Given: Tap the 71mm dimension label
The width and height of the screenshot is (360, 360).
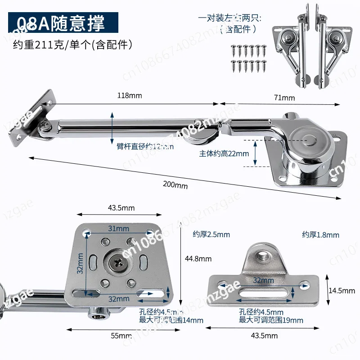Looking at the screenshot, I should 284,98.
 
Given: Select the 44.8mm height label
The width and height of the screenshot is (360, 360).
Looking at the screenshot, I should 198,259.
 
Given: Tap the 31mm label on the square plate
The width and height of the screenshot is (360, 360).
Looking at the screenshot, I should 118,229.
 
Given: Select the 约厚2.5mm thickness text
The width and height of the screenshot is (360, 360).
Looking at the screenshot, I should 211,234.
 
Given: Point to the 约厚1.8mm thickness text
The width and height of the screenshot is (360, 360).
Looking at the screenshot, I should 320,235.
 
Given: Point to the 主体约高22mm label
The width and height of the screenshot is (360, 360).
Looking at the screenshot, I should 224,153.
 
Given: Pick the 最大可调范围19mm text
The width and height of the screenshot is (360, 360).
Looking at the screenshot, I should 271,320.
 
